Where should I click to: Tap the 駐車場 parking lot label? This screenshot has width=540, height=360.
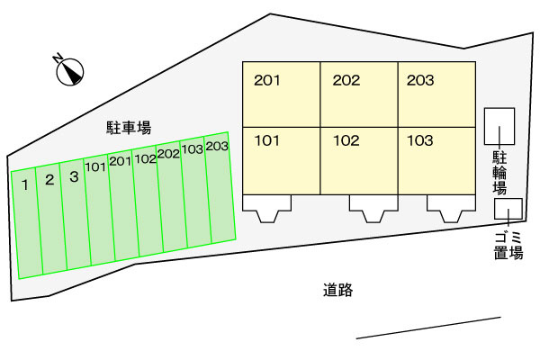[129, 128]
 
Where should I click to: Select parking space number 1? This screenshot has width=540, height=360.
[27, 223]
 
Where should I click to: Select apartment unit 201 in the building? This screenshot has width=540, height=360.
[282, 94]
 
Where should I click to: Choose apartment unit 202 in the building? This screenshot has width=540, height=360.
[359, 94]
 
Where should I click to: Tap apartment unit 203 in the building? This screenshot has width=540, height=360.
[437, 94]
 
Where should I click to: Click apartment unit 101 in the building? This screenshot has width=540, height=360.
[282, 161]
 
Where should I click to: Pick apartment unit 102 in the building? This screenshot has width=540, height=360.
[359, 161]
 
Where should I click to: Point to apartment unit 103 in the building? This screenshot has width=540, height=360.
[437, 161]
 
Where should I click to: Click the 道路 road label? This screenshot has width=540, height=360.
[337, 290]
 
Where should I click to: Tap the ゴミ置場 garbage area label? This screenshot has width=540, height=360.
[508, 246]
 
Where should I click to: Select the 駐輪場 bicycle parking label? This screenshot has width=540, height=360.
[499, 172]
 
